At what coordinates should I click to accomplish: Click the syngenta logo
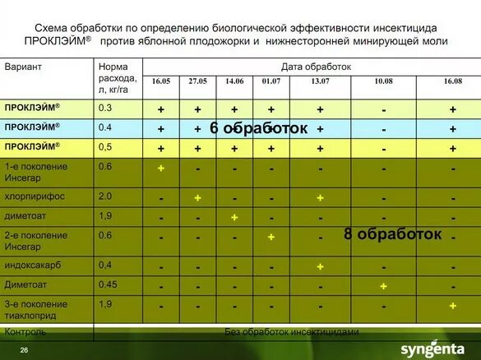(x=433, y=348)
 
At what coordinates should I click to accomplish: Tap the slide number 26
(x=24, y=351)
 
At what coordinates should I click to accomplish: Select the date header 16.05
(x=161, y=81)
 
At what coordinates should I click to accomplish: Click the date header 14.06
(x=234, y=81)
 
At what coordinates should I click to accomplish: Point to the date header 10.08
(x=383, y=81)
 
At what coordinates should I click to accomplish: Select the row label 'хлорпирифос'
(x=30, y=196)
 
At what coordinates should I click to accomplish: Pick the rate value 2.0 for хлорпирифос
(x=105, y=196)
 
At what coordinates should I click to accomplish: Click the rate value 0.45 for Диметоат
(x=108, y=284)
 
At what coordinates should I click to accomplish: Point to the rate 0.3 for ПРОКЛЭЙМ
(x=104, y=108)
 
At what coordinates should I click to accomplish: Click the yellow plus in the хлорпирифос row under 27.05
(x=197, y=198)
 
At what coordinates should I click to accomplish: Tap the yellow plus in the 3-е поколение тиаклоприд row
(x=452, y=306)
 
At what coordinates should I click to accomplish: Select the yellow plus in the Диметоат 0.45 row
(x=383, y=285)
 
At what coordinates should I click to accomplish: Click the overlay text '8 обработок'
(x=393, y=234)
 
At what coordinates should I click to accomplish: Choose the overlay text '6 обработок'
(x=258, y=128)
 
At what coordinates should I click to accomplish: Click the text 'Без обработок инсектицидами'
(x=292, y=332)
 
